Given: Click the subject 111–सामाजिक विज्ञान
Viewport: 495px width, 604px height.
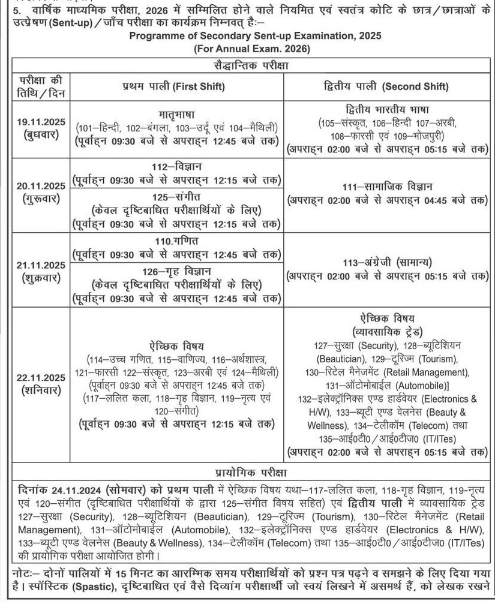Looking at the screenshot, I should (388, 187).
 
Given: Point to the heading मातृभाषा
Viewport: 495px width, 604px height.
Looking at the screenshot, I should (176, 113).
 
